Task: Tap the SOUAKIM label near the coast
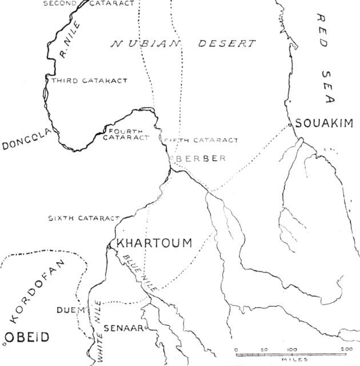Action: point(324,123)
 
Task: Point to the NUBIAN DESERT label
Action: point(183,43)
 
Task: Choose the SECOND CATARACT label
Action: point(89,3)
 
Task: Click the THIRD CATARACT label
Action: point(89,81)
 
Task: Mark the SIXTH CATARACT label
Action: point(83,218)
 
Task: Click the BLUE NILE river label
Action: point(137,273)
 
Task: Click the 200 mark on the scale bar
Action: point(346,348)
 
